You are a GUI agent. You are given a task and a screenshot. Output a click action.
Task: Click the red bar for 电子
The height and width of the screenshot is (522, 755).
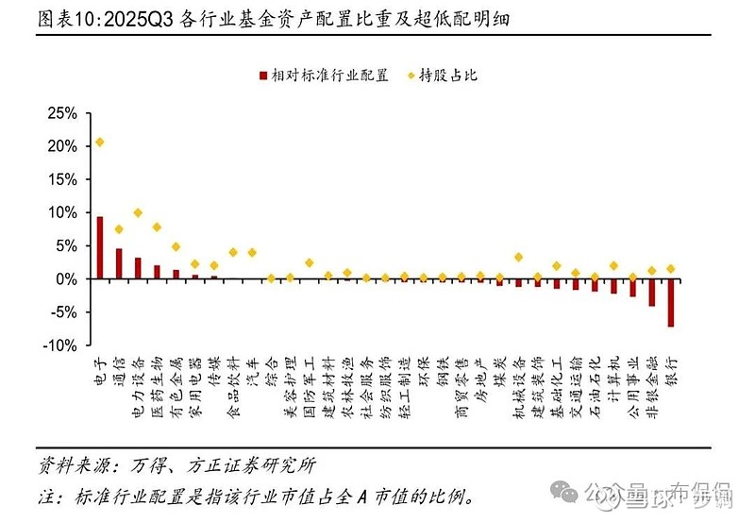100,247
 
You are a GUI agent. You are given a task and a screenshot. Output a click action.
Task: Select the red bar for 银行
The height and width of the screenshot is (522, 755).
671,302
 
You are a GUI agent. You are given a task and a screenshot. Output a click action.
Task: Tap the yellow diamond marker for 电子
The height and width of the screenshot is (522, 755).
100,143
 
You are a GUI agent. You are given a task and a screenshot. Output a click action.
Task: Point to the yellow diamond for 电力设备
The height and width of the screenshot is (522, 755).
138,213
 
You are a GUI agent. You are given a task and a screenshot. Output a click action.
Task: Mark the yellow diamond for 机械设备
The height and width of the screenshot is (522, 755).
518,257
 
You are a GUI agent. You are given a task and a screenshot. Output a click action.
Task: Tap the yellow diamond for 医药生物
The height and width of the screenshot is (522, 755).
157,227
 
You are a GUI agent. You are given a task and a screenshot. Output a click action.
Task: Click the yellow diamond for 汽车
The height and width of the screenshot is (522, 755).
252,253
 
